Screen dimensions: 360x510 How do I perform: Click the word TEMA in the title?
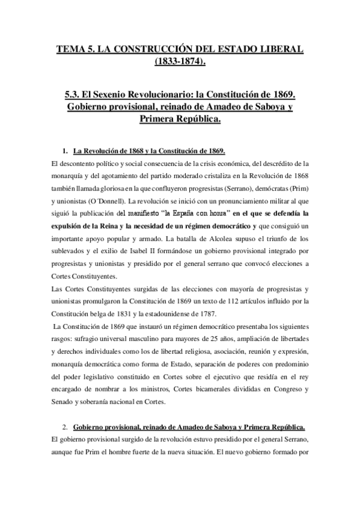[x=70, y=48]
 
